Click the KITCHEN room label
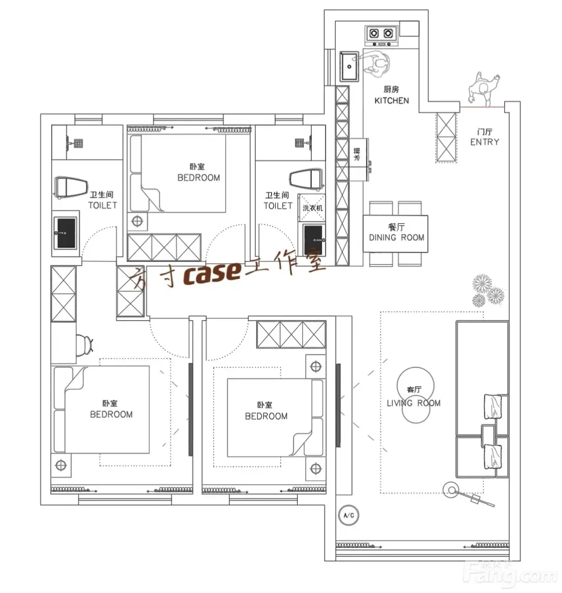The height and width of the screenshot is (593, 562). tap(391, 100)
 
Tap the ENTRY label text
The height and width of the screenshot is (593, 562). tap(484, 142)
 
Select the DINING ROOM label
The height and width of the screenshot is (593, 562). tap(396, 238)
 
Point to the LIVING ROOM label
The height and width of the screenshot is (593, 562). tap(413, 403)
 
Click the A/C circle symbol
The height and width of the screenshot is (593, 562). tap(349, 515)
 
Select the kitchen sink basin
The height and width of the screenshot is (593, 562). tap(349, 66)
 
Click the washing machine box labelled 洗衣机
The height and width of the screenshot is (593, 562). tap(312, 207)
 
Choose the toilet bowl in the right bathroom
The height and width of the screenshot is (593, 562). tap(306, 178)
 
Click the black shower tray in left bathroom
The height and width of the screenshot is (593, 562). tap(66, 233)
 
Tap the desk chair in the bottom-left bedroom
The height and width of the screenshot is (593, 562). tap(84, 345)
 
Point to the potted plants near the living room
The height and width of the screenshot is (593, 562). tap(488, 290)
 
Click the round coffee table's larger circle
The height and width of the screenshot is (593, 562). tap(416, 385)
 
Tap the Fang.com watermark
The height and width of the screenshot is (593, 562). tap(512, 574)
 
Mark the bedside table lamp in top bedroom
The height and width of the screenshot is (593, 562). tap(137, 221)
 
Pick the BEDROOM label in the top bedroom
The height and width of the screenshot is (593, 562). tap(198, 177)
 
